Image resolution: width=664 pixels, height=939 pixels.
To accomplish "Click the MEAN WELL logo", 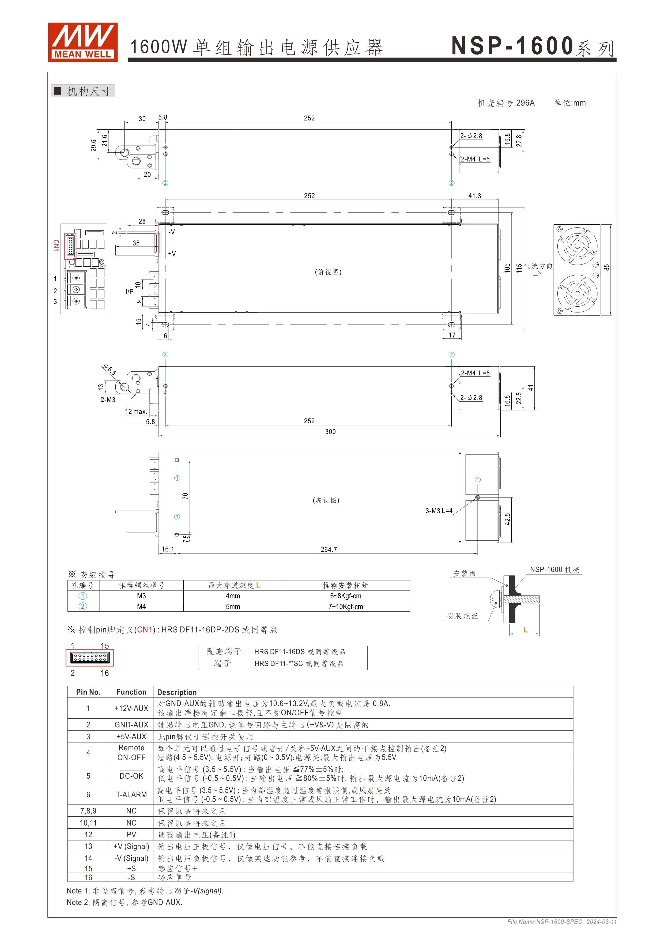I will point(82,42).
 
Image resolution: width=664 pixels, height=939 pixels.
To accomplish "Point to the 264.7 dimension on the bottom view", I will point(329,550).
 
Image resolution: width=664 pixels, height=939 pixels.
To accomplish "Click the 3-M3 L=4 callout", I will point(439,511).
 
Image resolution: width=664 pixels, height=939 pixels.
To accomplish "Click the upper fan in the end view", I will point(577,246).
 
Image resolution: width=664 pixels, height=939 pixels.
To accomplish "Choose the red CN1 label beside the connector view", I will point(56,245).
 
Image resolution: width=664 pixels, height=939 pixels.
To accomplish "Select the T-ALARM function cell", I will point(131,795).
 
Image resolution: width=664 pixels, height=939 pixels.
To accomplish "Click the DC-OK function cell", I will point(131,776).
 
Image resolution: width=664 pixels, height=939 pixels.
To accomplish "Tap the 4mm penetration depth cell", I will point(233,596).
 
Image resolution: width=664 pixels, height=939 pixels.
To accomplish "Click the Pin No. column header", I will point(88,692).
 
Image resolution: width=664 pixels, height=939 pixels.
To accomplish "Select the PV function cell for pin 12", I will point(131,835).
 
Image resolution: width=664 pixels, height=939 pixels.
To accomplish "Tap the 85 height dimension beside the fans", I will point(606,267).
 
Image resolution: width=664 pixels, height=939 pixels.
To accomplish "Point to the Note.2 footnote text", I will point(124,902).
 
